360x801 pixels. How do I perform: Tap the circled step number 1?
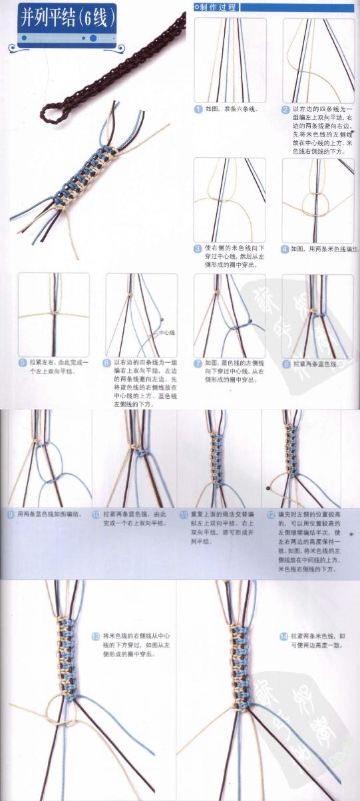tap(198, 109)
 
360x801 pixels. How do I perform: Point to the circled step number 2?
tap(285, 109)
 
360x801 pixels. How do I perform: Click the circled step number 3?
tap(198, 248)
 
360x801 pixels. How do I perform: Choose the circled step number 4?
tap(285, 248)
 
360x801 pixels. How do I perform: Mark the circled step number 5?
tap(22, 363)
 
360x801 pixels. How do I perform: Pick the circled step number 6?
tap(106, 364)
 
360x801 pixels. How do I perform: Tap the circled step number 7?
tap(198, 364)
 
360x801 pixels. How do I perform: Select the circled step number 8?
tap(285, 364)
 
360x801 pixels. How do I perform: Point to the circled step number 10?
tap(96, 514)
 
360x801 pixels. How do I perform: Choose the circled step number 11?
tap(183, 514)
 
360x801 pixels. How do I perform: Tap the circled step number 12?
tap(270, 514)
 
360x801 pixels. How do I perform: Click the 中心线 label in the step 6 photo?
tap(166, 332)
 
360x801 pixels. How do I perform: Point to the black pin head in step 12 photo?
tap(268, 488)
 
